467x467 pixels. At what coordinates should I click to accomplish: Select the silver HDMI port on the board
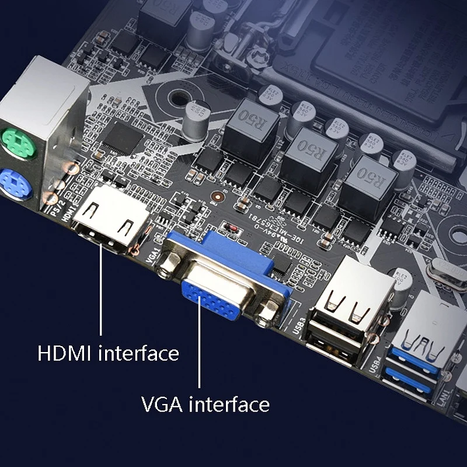[x=109, y=221]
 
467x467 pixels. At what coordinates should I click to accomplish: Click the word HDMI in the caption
[x=66, y=353]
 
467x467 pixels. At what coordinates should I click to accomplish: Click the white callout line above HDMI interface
[x=100, y=292]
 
